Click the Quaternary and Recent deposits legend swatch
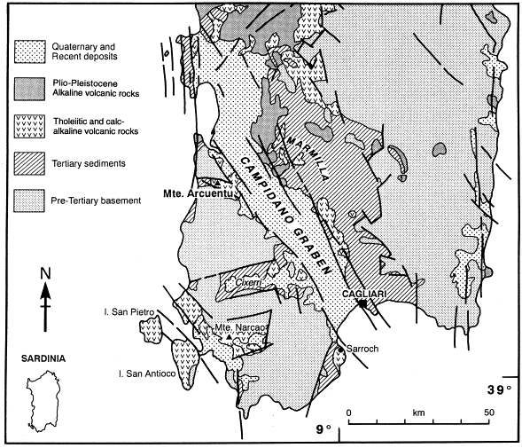tap(29, 51)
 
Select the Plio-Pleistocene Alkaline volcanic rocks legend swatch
tap(29, 89)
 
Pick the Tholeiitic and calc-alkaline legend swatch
tap(29, 126)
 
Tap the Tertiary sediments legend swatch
tap(29, 163)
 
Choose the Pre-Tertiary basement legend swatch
tap(29, 201)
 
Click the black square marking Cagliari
tap(362, 303)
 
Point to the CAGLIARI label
tap(364, 294)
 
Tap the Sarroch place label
tap(362, 349)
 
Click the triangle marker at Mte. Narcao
tap(229, 337)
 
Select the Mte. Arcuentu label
tap(199, 193)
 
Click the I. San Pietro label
tap(129, 312)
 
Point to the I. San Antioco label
tap(147, 374)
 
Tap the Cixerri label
tap(248, 283)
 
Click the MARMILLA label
tap(308, 159)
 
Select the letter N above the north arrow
tap(45, 273)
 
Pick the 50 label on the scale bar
tap(489, 413)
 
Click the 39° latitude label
tap(499, 390)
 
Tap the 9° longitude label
tap(323, 429)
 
